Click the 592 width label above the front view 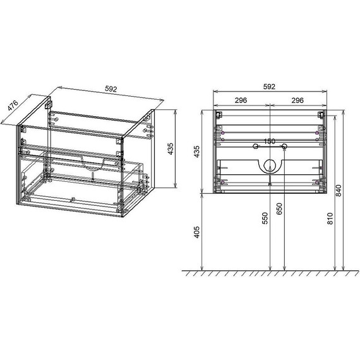[270, 87]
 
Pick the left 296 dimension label [240, 100]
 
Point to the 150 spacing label [270, 141]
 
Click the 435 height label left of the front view [197, 152]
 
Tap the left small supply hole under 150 [255, 147]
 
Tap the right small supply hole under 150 [284, 147]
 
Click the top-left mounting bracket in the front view [218, 115]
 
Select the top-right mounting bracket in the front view [321, 115]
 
